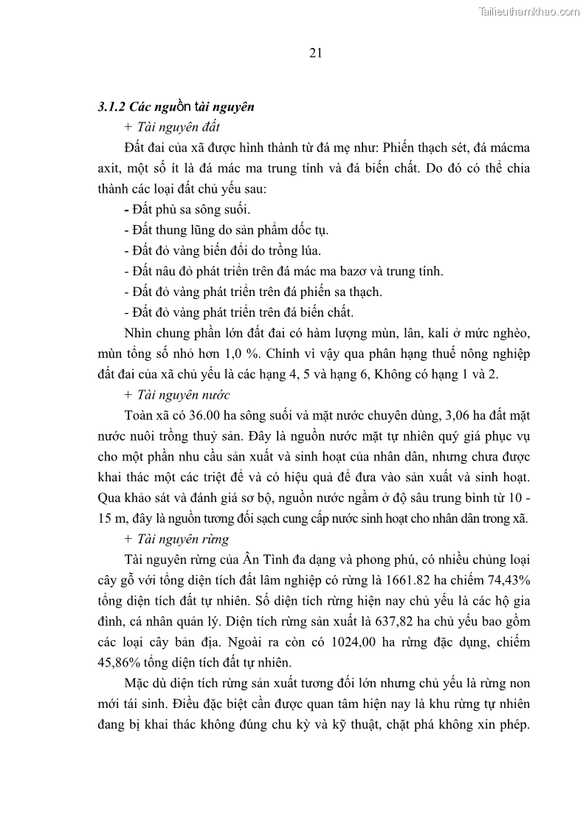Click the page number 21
pyautogui.click(x=315, y=52)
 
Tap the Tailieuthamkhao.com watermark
pyautogui.click(x=530, y=11)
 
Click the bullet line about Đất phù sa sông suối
pyautogui.click(x=190, y=209)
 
